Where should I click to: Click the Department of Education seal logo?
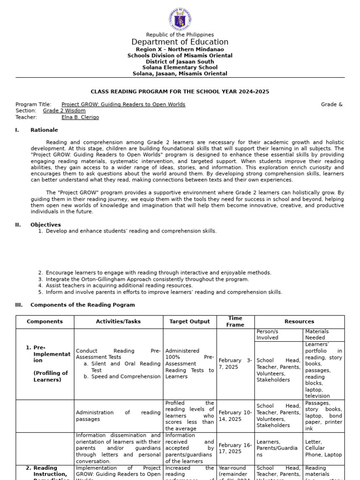(180, 20)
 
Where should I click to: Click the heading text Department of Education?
(180, 42)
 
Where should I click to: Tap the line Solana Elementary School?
(180, 67)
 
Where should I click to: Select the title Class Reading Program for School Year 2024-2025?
(180, 92)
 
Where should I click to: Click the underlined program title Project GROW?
(123, 105)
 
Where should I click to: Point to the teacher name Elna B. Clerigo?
(80, 118)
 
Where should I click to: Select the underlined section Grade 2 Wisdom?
(64, 111)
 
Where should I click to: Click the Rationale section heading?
(44, 130)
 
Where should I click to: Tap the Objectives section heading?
(45, 225)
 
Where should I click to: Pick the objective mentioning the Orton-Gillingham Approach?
(147, 279)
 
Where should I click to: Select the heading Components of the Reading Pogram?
(82, 305)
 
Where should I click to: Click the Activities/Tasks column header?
(118, 322)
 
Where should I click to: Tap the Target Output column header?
(189, 322)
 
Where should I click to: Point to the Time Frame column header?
(235, 322)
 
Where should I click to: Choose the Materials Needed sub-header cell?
(317, 334)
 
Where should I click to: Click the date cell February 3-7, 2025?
(235, 363)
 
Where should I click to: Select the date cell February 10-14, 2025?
(235, 416)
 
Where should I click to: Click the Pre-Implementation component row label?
(51, 364)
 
